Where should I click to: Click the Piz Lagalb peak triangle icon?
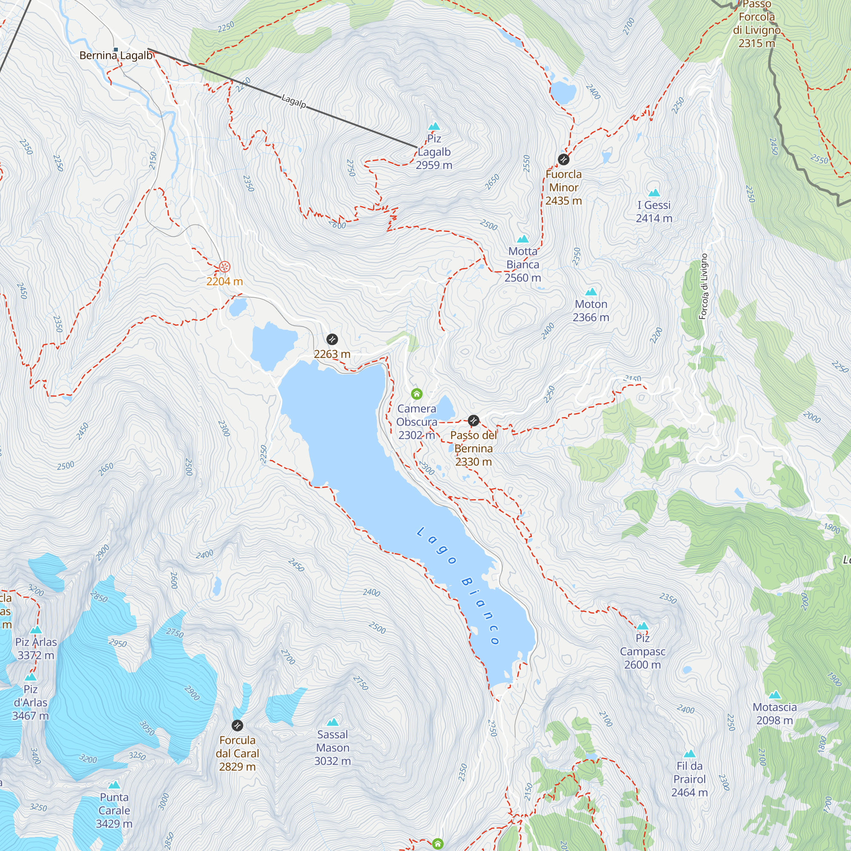[434, 127]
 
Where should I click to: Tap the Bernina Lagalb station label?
[116, 55]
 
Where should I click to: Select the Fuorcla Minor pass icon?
[563, 160]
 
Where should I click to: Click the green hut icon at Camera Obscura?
[416, 394]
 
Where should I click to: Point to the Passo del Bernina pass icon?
[473, 420]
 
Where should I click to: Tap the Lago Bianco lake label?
[458, 586]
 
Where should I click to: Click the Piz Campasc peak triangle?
[642, 626]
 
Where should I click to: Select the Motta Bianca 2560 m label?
[523, 264]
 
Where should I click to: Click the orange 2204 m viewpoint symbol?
[224, 267]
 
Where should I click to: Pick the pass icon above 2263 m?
[332, 339]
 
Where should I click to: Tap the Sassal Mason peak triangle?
[333, 722]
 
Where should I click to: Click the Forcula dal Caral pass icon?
[237, 725]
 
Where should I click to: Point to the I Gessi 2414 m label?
[654, 211]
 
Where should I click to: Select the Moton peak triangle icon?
[591, 291]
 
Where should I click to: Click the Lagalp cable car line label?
[294, 101]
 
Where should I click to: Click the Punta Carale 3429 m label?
[114, 811]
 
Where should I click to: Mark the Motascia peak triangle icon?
[774, 695]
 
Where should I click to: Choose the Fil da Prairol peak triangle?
[689, 754]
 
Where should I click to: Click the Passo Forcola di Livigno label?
[756, 24]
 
